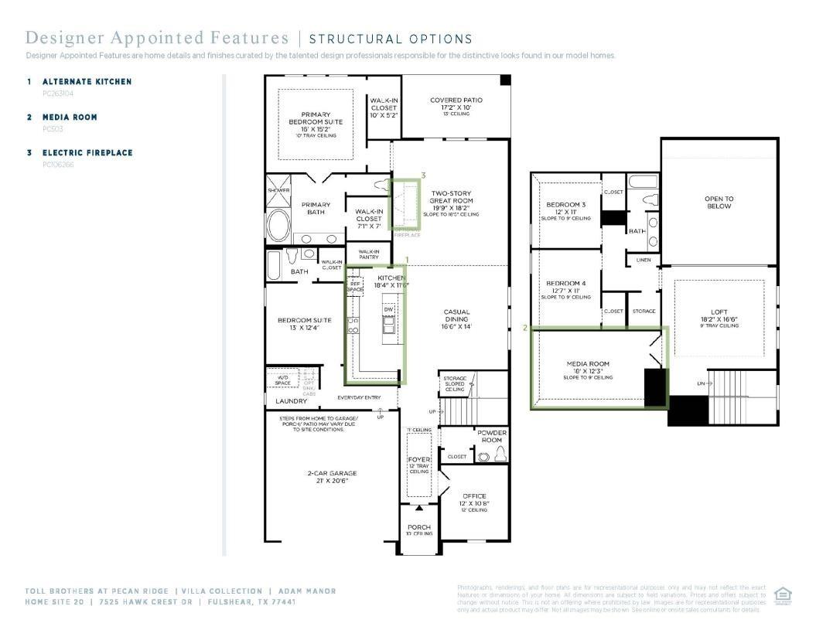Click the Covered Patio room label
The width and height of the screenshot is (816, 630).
pos(456,100)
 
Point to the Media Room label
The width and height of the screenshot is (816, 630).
pos(588,363)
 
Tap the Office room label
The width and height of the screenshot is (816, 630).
pos(474,496)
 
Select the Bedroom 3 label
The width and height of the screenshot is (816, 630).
pos(566,205)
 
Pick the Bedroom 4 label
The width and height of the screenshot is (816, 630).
pos(566,284)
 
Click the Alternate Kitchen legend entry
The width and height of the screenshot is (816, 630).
pos(87,81)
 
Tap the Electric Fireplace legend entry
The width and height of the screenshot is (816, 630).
pos(87,152)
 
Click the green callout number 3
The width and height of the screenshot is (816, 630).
pos(423,175)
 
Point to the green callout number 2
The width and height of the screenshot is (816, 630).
pos(525,328)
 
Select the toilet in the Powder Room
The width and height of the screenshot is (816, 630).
pos(500,455)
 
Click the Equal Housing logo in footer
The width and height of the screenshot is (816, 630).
pos(783,596)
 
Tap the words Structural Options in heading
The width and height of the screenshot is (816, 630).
pos(390,39)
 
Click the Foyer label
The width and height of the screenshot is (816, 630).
pos(418,460)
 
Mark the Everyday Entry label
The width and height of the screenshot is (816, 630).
pos(359,397)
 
